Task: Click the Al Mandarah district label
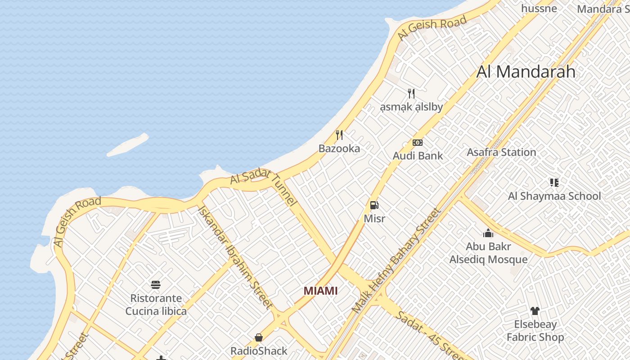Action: tap(526, 72)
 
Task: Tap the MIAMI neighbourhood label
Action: tap(320, 291)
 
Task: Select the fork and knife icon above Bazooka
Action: tap(339, 135)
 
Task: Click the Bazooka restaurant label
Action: tap(339, 148)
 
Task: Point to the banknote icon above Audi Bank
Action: tap(418, 143)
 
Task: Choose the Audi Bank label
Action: tap(418, 156)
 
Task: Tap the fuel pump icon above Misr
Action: tap(374, 205)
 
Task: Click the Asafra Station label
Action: tap(501, 152)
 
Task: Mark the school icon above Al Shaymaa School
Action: tap(554, 182)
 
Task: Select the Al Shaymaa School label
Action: tap(554, 196)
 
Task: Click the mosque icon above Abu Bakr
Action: tap(488, 233)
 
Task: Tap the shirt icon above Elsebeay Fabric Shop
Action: tap(535, 310)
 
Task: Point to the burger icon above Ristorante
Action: tap(156, 284)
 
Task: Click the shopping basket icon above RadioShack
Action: tap(259, 337)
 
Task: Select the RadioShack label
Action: tap(259, 351)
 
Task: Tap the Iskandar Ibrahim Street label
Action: tap(235, 257)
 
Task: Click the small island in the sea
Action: tap(128, 145)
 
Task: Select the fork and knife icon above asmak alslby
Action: tap(411, 94)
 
